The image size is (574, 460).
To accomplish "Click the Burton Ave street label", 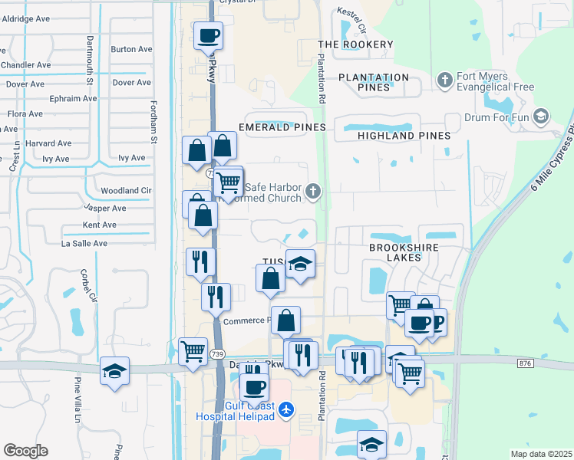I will (x=125, y=49).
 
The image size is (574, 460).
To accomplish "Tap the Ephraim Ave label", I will (x=74, y=98).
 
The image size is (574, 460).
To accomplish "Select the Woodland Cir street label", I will (x=127, y=190).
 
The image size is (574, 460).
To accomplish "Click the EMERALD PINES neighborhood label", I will (x=282, y=127).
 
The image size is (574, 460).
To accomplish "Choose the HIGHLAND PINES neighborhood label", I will (x=404, y=136).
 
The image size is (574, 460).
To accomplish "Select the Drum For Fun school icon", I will (x=540, y=117).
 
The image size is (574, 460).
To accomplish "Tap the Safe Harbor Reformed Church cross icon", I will (x=313, y=191).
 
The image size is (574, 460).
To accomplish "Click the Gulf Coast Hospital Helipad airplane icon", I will (x=286, y=410).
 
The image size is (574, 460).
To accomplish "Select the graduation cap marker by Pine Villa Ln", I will (x=115, y=372).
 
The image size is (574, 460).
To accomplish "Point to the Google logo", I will (x=25, y=451).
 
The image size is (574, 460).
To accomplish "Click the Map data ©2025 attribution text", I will (x=541, y=454).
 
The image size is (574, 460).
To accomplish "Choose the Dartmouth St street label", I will (x=90, y=58).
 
